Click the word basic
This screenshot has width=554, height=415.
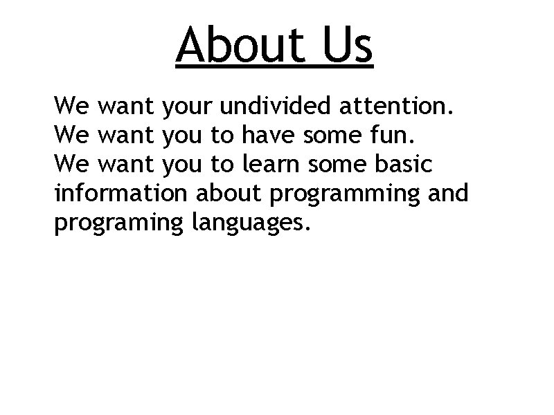tap(406, 165)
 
